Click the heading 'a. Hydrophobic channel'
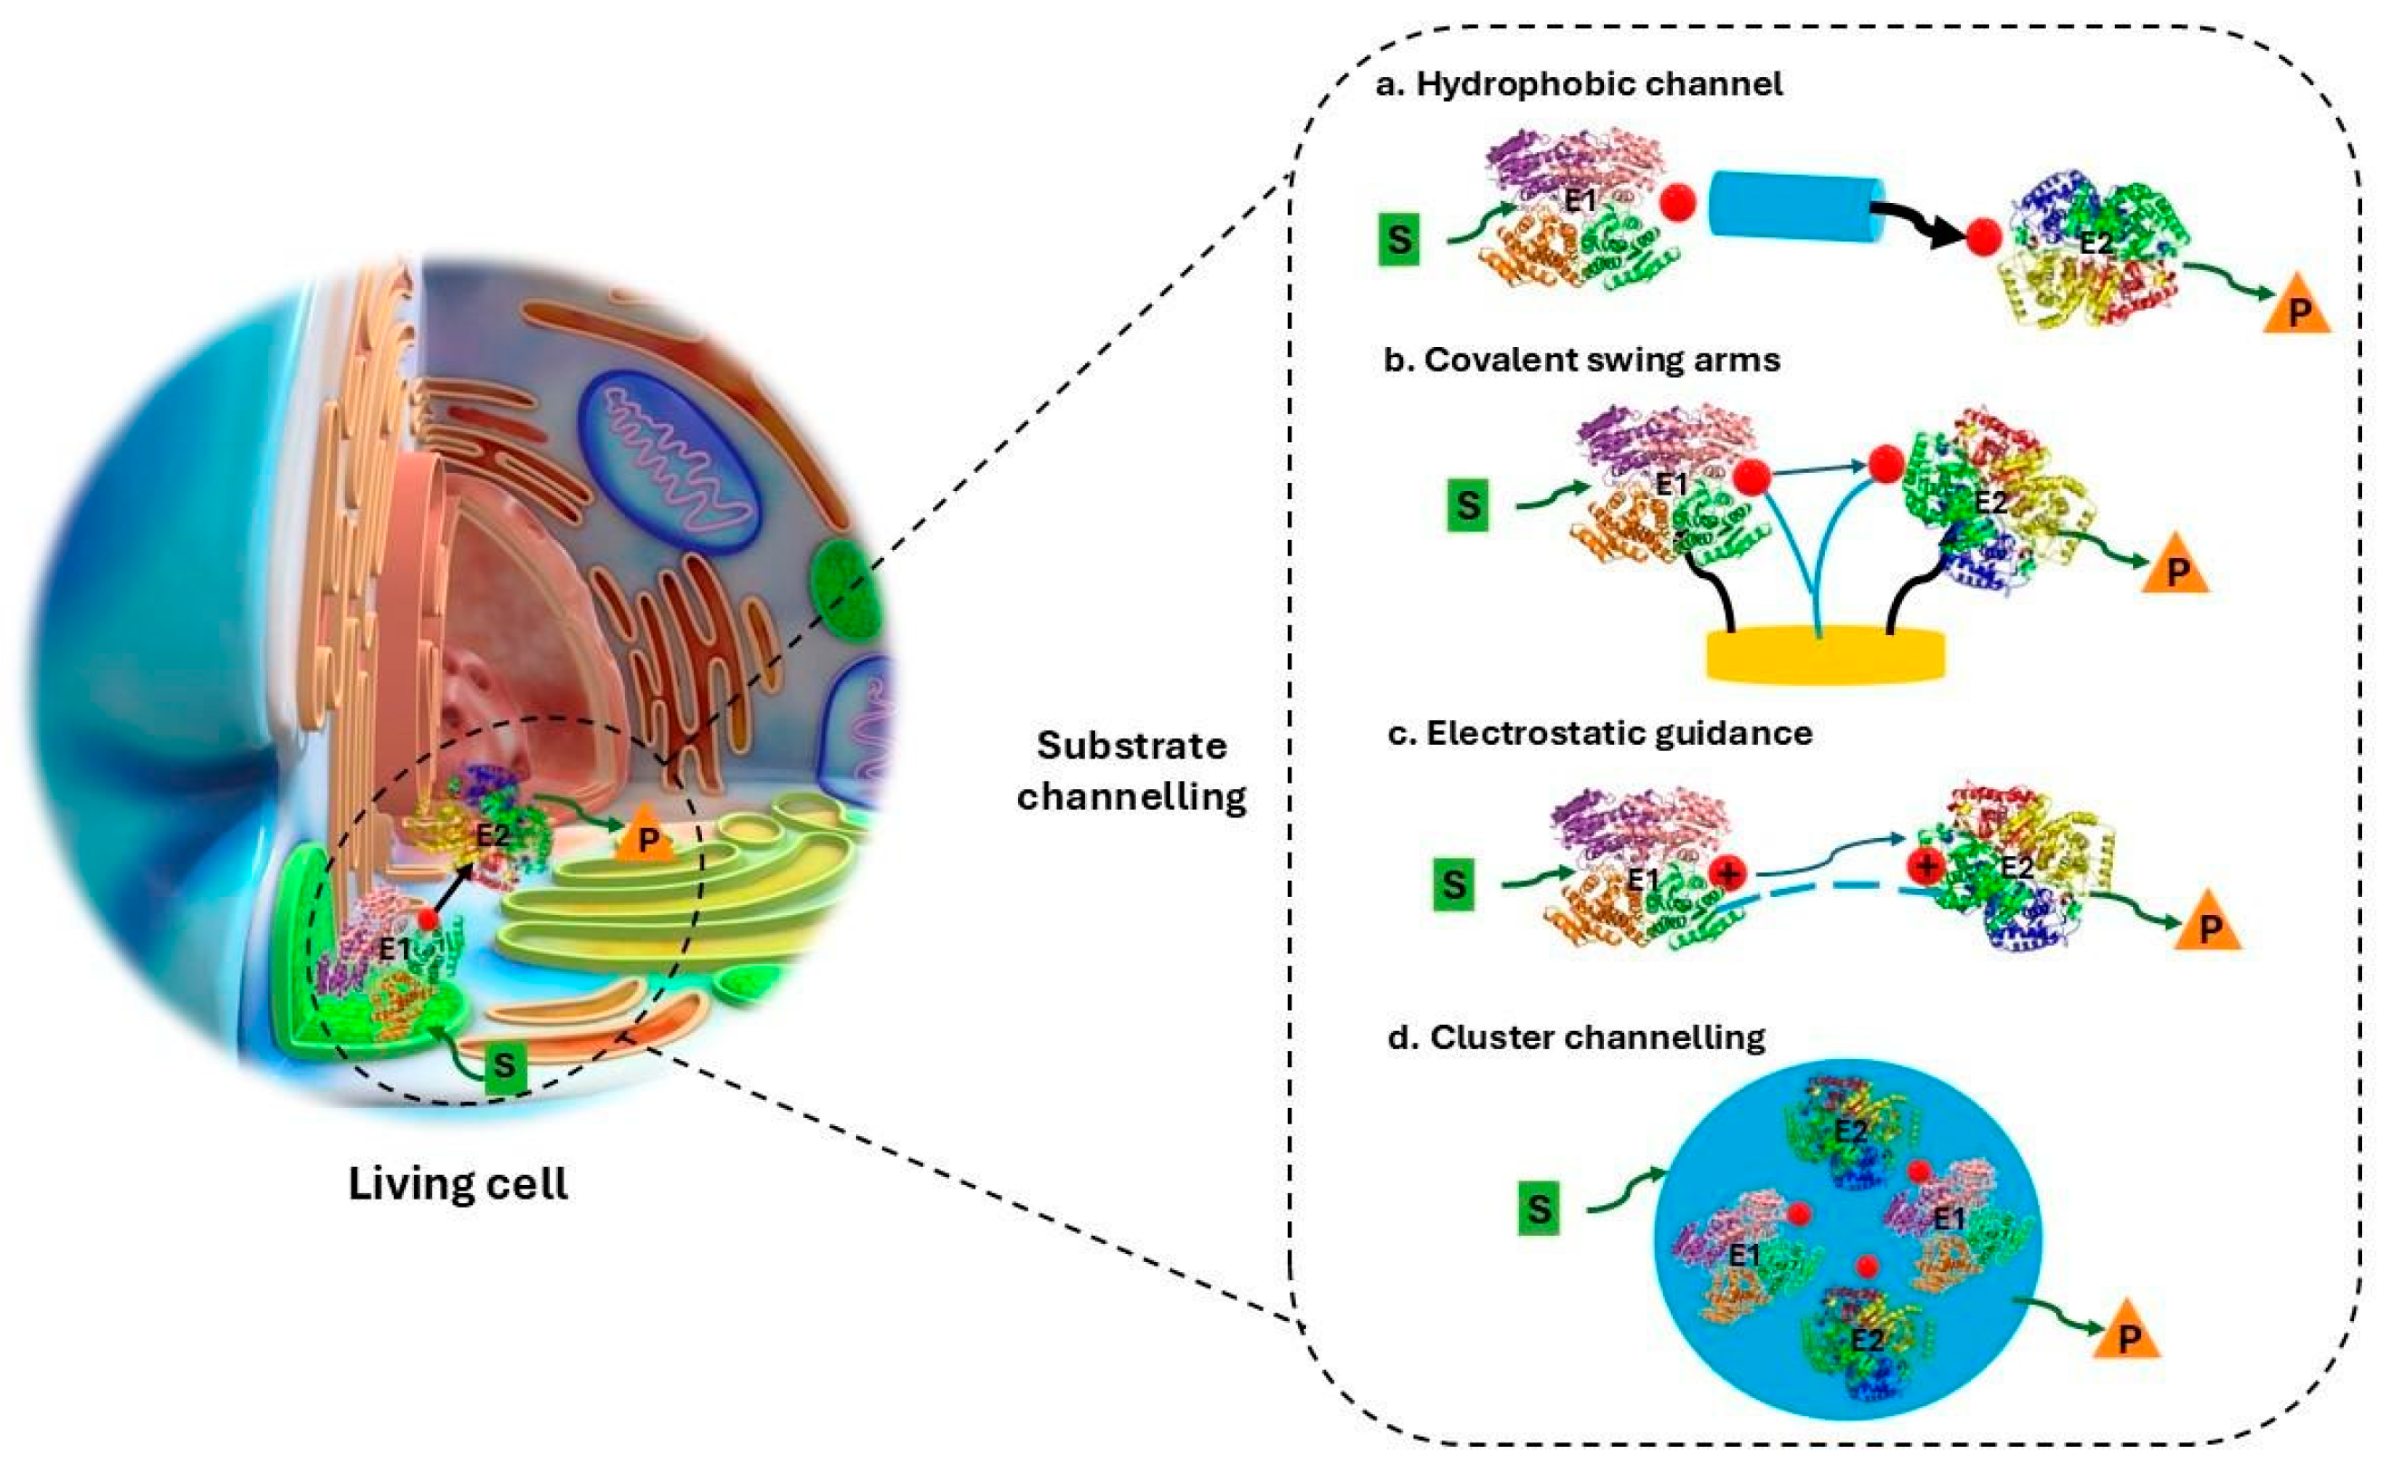pos(1579,84)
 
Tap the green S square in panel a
pos(1399,239)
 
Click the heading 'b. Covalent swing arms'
pos(1581,361)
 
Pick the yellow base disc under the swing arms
pos(1825,654)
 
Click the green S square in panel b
pos(1468,506)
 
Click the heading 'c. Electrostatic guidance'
pos(1599,733)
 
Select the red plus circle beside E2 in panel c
pos(1926,865)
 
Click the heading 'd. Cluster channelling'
pos(1577,1038)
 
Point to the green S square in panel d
pos(1539,1210)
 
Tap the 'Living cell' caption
pos(458,1184)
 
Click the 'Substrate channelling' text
pos(1132,771)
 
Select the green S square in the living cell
pos(504,1066)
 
